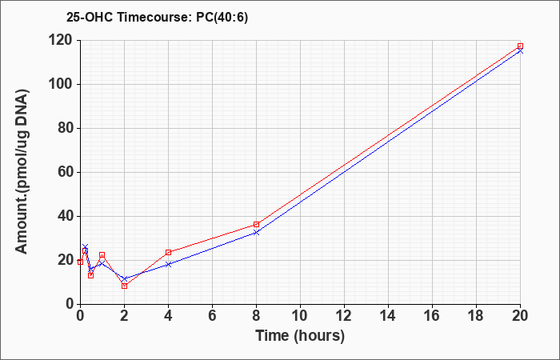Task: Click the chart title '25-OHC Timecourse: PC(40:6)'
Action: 157,18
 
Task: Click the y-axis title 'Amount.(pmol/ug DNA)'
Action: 22,172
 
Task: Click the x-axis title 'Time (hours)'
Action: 300,336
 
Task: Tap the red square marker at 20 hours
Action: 520,46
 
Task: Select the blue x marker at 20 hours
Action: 520,51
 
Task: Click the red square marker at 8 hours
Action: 257,224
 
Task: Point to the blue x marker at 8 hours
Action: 257,233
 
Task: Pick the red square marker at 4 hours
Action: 169,253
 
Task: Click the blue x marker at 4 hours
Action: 169,264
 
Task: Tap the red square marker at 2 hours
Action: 124,286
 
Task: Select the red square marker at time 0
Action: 80,262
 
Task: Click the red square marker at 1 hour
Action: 102,255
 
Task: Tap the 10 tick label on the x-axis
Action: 300,316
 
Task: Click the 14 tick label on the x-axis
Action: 388,316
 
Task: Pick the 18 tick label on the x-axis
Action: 477,316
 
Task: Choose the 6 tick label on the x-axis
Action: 212,316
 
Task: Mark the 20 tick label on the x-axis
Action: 520,316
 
